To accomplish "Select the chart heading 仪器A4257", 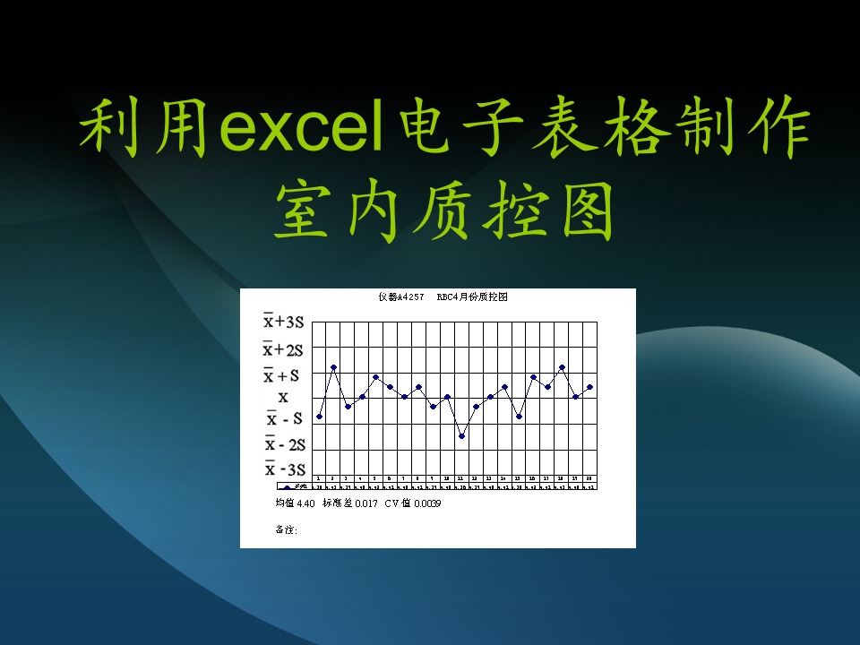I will pos(400,297).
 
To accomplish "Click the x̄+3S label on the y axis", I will pos(283,322).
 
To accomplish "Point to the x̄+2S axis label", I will pos(283,348).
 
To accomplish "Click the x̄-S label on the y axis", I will pos(284,418).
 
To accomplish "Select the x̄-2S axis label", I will pos(284,444).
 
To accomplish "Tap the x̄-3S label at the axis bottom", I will pos(284,469).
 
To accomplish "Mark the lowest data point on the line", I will pos(461,436).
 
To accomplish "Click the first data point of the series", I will pos(319,417).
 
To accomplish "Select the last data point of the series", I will pos(589,387).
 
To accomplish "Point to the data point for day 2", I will pos(333,367).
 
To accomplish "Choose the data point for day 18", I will pos(562,367).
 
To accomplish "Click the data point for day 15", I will pos(519,417).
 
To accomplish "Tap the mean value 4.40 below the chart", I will pos(305,503).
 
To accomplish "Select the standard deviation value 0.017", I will pos(365,503).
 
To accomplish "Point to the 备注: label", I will pos(287,529).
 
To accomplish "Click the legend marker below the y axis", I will pos(288,487).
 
